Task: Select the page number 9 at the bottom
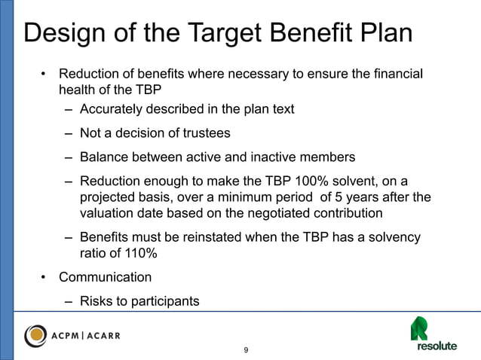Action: click(246, 351)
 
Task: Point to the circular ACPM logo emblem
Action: click(38, 335)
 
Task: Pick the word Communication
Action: click(105, 277)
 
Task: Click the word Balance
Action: click(105, 157)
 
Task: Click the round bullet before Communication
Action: click(44, 277)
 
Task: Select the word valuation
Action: click(106, 214)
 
